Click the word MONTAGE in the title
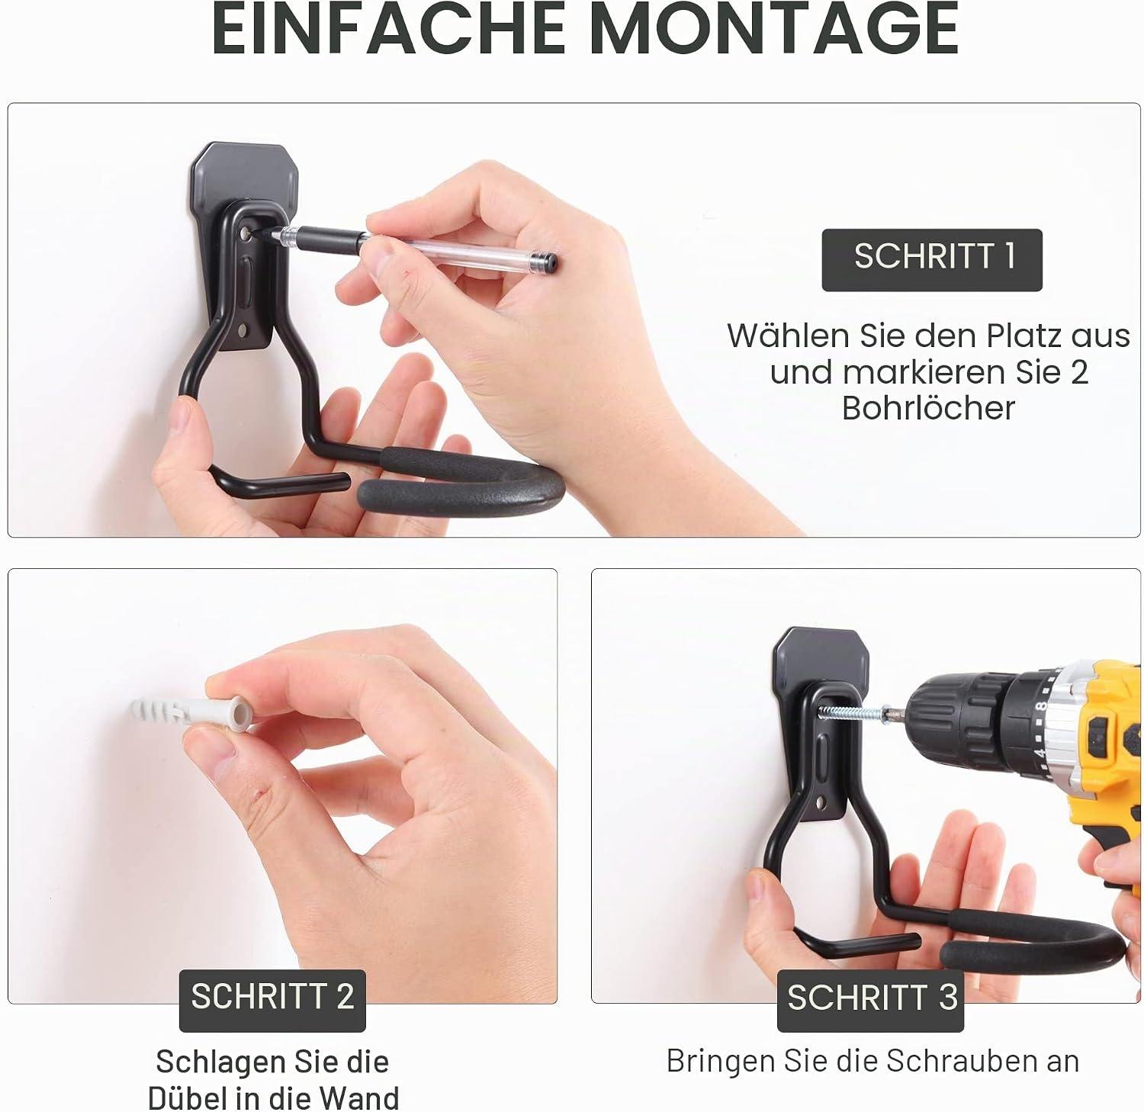click(774, 28)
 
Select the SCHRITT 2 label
click(272, 998)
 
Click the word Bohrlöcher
click(928, 409)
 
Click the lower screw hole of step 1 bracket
click(243, 332)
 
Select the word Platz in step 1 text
click(1024, 336)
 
